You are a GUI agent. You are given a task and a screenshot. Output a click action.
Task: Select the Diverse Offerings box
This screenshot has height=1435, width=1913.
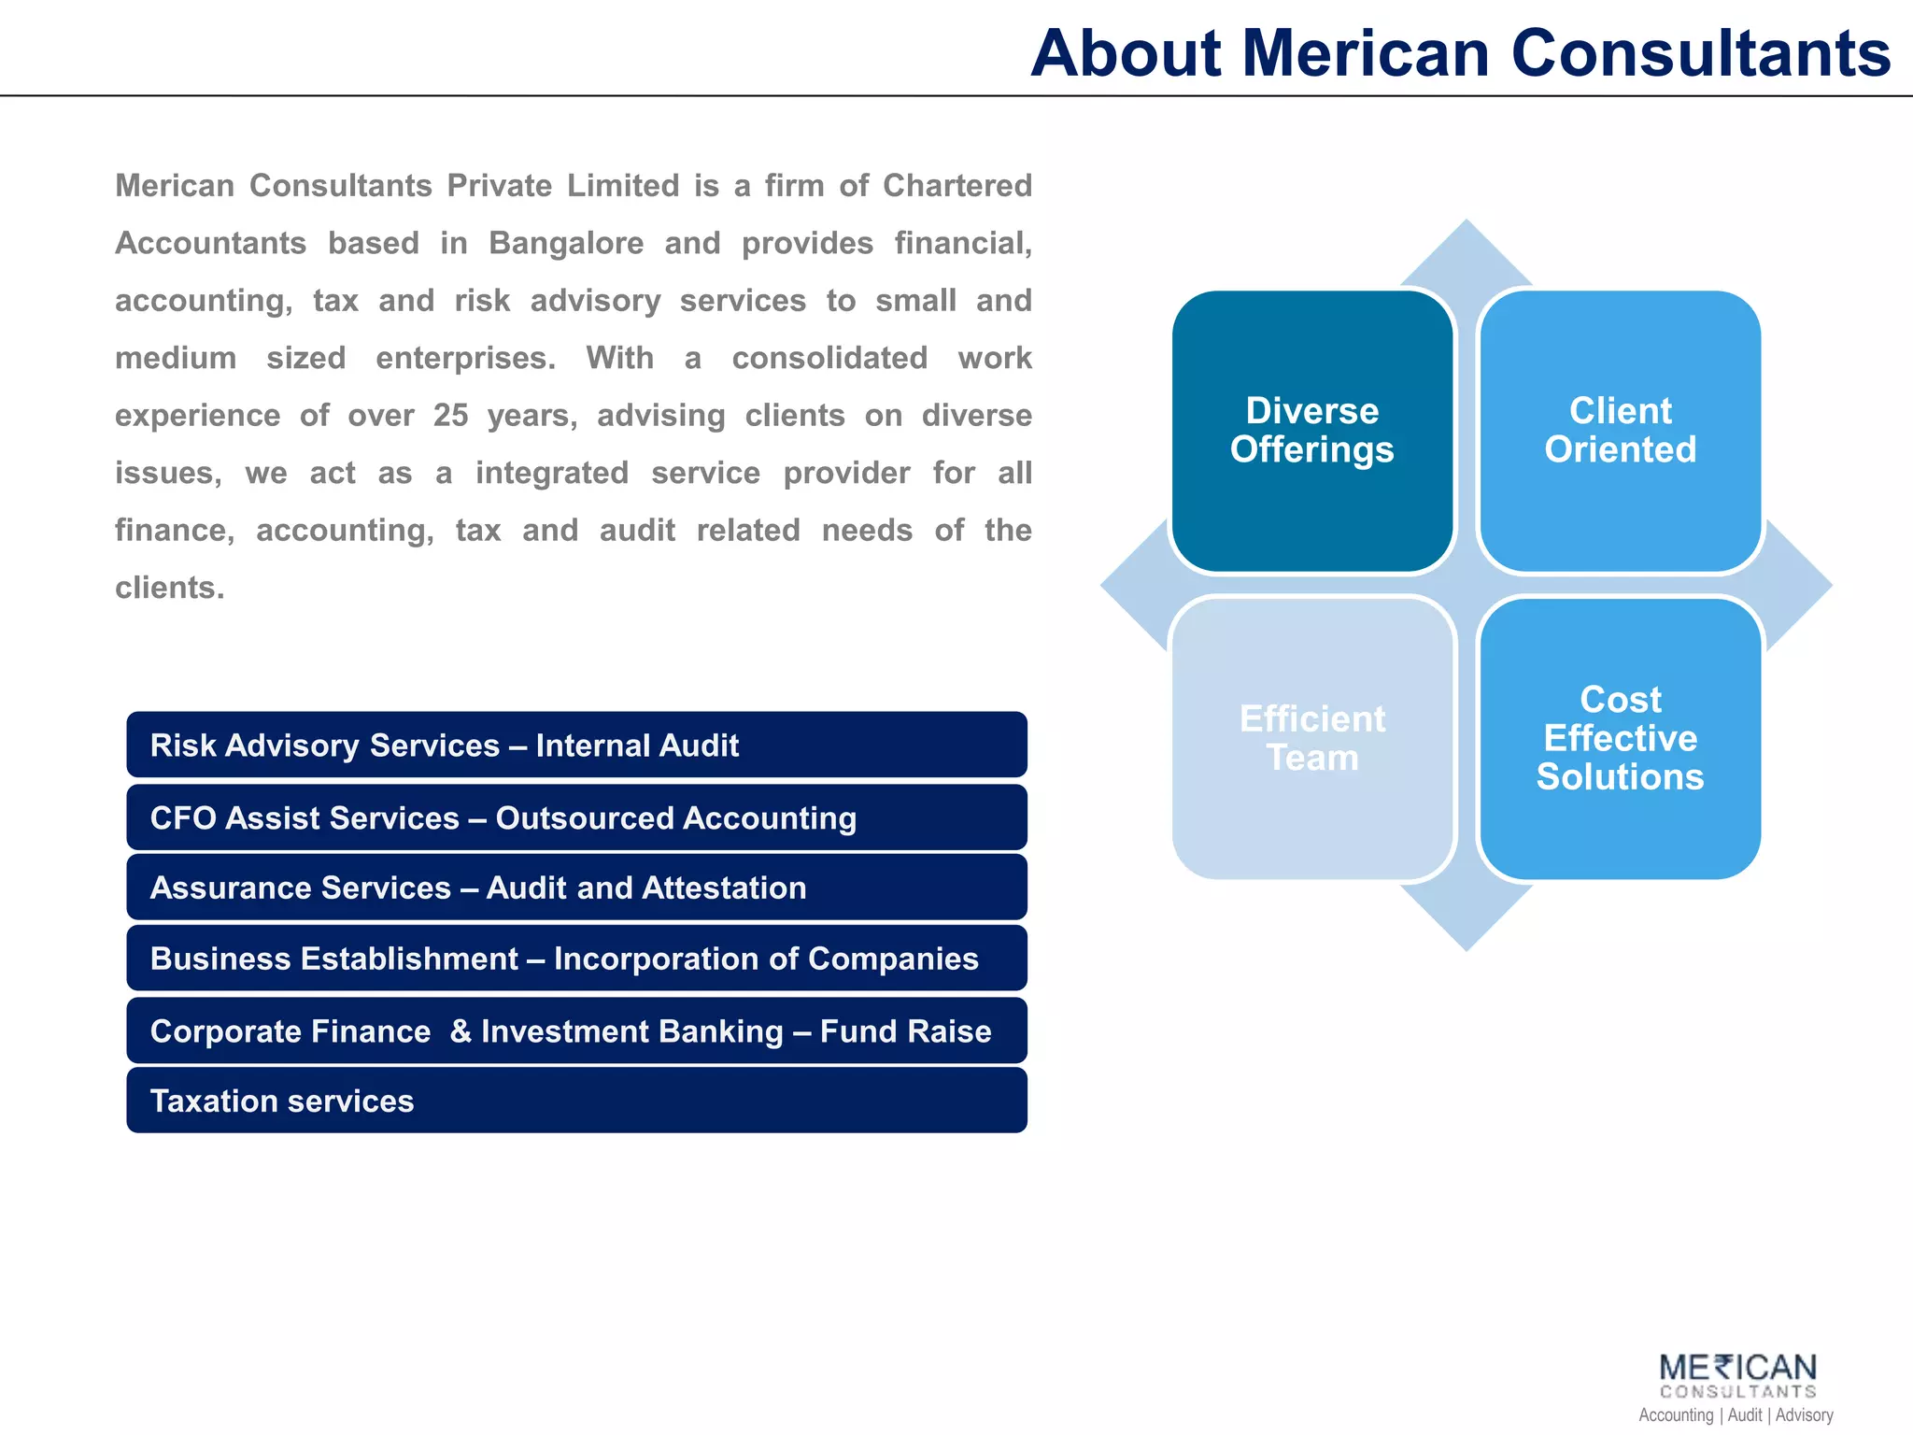(x=1311, y=431)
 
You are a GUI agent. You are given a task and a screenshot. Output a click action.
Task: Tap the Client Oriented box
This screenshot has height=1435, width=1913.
(x=1620, y=431)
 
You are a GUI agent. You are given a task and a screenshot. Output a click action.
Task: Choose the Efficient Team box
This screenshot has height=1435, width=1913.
(x=1311, y=738)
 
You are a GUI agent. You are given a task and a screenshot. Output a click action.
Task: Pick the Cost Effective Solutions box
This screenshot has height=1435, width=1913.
(x=1620, y=738)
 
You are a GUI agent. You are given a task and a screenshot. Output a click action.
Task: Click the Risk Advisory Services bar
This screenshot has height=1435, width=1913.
(x=576, y=745)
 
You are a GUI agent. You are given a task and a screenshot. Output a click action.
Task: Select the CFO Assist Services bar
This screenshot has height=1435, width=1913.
(x=576, y=817)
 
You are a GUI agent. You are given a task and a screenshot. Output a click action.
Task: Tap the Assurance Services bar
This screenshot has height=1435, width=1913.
(x=576, y=888)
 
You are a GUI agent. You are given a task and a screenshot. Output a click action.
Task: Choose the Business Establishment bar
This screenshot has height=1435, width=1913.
(x=576, y=959)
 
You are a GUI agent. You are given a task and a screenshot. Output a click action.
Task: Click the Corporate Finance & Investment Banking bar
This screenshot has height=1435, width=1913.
(x=576, y=1030)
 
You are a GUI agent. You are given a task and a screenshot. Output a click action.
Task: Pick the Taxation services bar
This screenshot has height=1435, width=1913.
(x=576, y=1101)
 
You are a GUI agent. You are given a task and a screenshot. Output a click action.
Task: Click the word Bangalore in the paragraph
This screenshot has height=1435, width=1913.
(x=566, y=243)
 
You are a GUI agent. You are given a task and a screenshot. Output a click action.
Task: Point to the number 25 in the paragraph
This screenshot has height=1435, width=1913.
(x=450, y=415)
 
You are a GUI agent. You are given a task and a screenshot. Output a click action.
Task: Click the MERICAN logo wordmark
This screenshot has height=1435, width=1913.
(x=1737, y=1369)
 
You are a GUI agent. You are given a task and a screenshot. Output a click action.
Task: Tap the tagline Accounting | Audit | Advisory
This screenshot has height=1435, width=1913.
(x=1736, y=1415)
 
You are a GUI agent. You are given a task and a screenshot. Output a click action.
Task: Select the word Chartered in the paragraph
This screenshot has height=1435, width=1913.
(x=957, y=185)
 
